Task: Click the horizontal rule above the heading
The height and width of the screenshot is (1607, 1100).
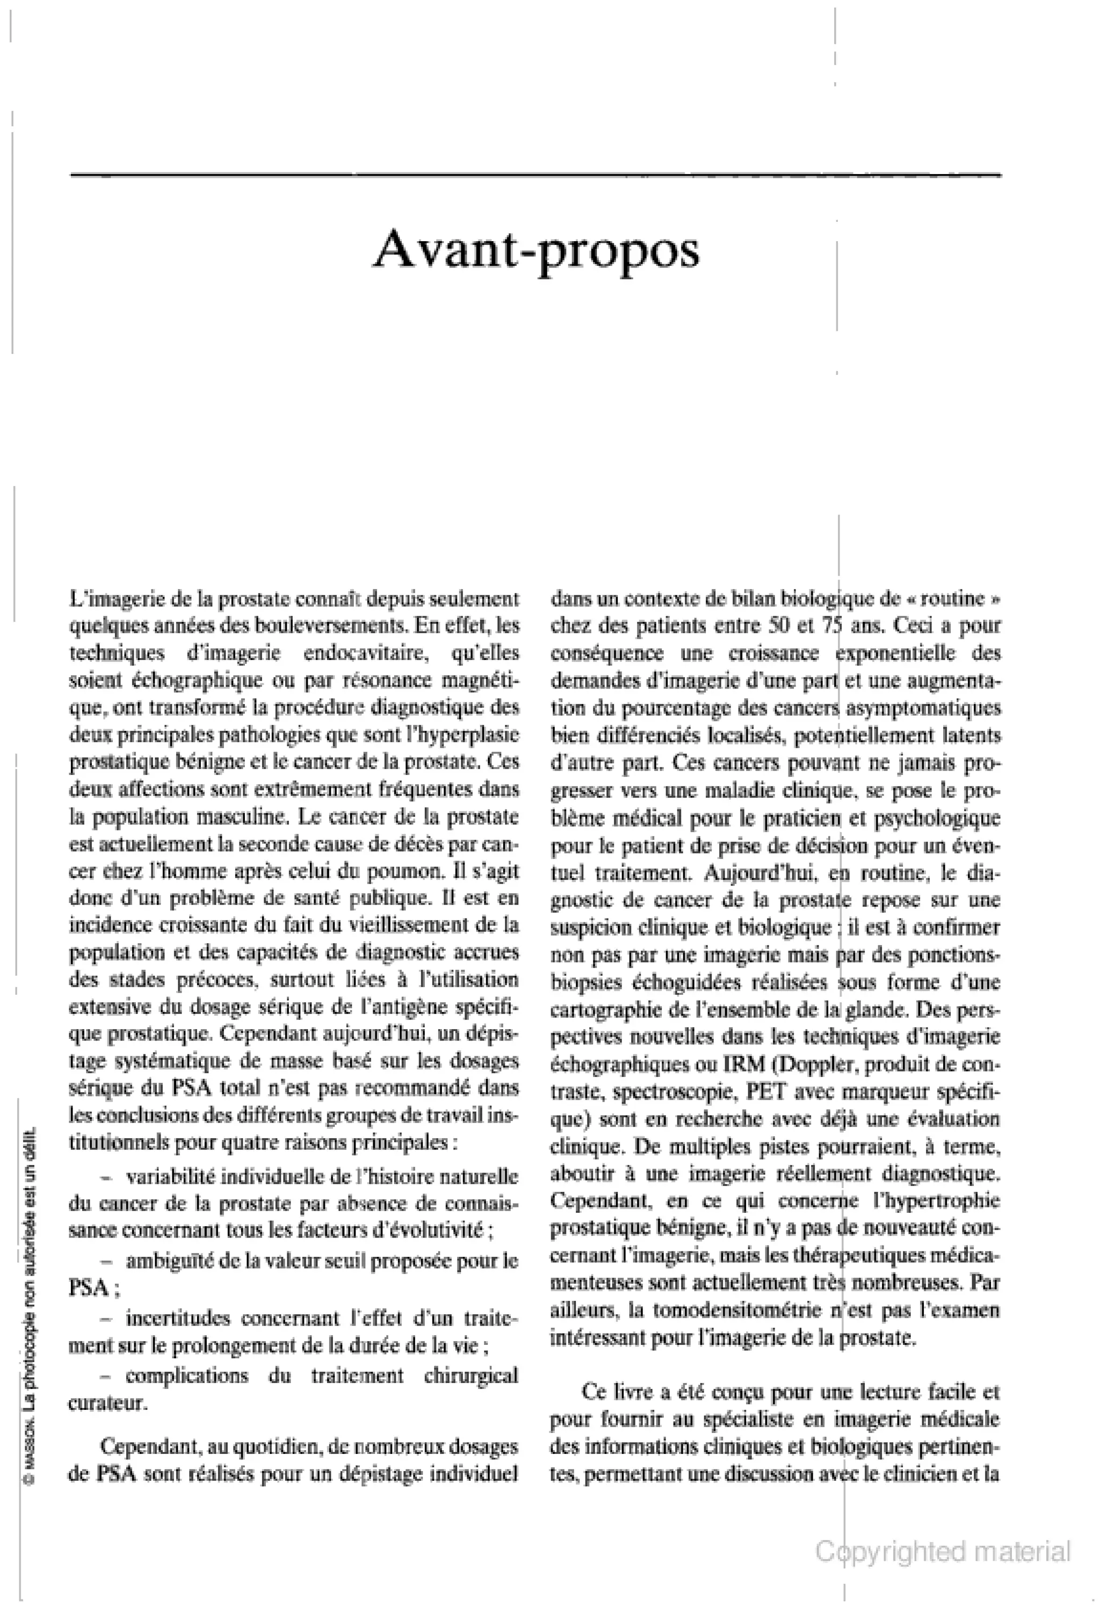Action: coord(536,175)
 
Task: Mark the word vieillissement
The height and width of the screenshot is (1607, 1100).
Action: coord(408,925)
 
